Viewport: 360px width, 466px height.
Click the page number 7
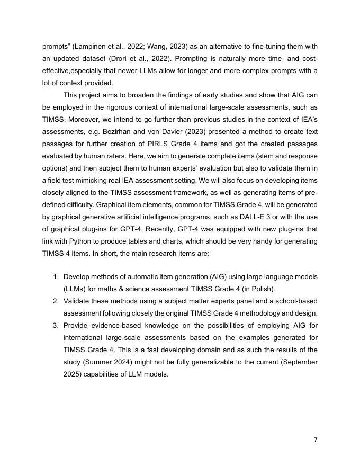tap(316, 440)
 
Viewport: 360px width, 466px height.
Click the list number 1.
tap(56, 276)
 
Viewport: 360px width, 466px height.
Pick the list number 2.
tap(56, 300)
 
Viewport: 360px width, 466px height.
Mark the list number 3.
tap(56, 325)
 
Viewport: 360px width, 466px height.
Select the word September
tap(298, 361)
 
